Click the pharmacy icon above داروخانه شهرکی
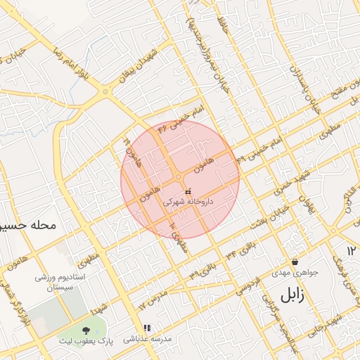point(187,191)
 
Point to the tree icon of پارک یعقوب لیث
point(86,329)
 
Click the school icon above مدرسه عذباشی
point(147,328)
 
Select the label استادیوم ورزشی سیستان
point(63,283)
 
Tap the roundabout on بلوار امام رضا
point(105,92)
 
